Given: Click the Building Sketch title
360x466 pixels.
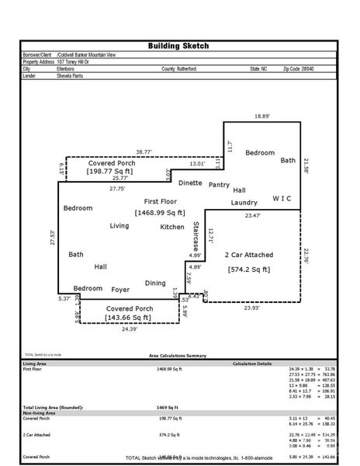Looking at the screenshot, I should tap(178, 46).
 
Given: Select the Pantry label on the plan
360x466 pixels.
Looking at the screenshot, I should tap(220, 185).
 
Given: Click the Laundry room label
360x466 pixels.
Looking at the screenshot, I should tap(243, 203).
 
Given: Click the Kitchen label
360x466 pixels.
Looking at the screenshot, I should tap(172, 227).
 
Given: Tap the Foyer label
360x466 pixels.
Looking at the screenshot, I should tap(120, 290).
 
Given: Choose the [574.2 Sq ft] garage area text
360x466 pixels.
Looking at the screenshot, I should tap(247, 269).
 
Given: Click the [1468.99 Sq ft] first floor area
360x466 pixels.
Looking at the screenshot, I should tap(159, 212).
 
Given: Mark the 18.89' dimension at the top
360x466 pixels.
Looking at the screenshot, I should tap(263, 116).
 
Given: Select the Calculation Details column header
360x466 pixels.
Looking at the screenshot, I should tap(252, 363).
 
